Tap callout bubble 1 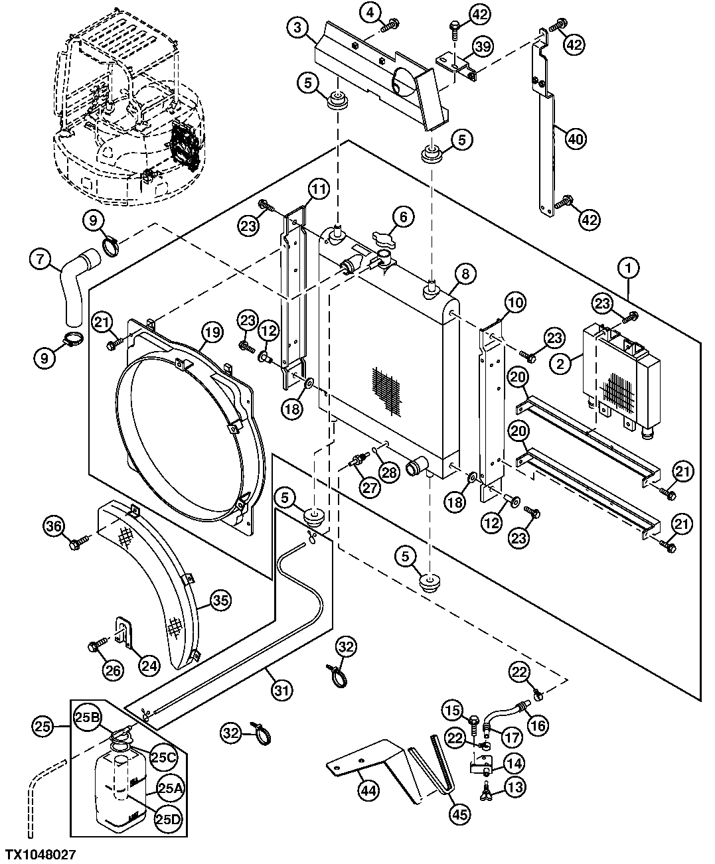[629, 268]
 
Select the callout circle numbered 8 [465, 273]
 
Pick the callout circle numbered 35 [221, 601]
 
